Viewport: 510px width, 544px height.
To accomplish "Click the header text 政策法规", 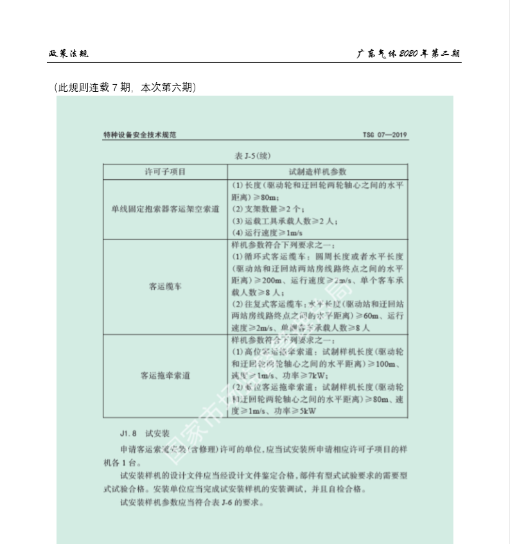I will [x=69, y=53].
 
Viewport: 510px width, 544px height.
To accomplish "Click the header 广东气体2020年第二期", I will [x=409, y=53].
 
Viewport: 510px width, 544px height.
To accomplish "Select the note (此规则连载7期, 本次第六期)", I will [x=125, y=87].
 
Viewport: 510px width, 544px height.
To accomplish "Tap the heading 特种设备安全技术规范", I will [x=139, y=136].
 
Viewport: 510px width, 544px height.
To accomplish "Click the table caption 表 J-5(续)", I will [x=255, y=155].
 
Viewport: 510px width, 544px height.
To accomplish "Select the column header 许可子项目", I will [x=164, y=171].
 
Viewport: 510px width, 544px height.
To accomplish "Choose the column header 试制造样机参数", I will [x=317, y=171].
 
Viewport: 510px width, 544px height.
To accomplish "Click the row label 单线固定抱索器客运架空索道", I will [x=164, y=209].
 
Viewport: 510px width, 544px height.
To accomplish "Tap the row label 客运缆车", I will [x=164, y=286].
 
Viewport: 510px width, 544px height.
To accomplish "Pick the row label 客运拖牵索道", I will [x=164, y=375].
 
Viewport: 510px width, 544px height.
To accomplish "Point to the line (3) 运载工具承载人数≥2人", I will [x=284, y=221].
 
